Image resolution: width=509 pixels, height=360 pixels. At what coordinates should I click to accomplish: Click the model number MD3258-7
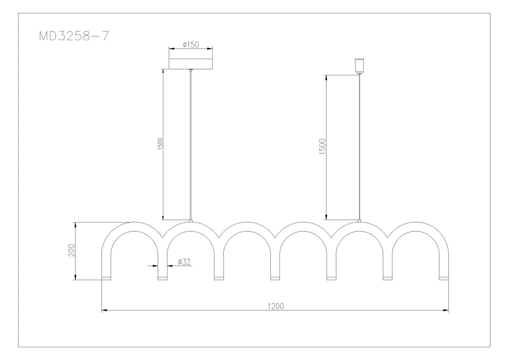74,36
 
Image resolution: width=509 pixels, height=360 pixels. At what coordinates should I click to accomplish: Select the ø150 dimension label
190,44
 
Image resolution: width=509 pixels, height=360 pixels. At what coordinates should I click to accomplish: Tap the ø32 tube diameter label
184,262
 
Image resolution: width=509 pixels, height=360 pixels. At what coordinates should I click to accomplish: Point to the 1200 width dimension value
275,306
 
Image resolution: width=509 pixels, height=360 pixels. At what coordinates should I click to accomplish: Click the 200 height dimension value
71,251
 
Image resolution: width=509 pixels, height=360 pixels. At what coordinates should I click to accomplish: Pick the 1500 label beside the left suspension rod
160,144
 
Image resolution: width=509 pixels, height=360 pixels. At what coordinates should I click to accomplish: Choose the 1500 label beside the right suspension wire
322,147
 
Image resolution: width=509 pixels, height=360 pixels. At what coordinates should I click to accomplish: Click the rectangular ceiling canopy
190,64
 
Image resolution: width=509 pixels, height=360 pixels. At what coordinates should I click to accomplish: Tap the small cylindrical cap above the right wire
359,66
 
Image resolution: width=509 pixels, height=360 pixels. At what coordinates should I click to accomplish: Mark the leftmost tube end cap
106,278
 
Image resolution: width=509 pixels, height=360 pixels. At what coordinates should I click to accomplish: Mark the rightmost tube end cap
444,278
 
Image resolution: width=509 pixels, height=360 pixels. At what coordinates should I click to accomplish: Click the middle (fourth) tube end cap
275,278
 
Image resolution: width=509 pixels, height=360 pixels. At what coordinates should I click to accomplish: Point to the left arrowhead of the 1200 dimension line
104,311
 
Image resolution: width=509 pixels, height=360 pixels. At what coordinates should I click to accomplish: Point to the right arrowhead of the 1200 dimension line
446,311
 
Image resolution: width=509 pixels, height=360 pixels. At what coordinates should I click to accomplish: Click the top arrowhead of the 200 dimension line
75,225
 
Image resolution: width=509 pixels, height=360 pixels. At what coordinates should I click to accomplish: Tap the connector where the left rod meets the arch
190,221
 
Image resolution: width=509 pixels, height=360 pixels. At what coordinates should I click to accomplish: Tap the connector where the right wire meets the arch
359,221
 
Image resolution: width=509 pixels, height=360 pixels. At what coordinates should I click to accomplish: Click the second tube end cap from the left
163,278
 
